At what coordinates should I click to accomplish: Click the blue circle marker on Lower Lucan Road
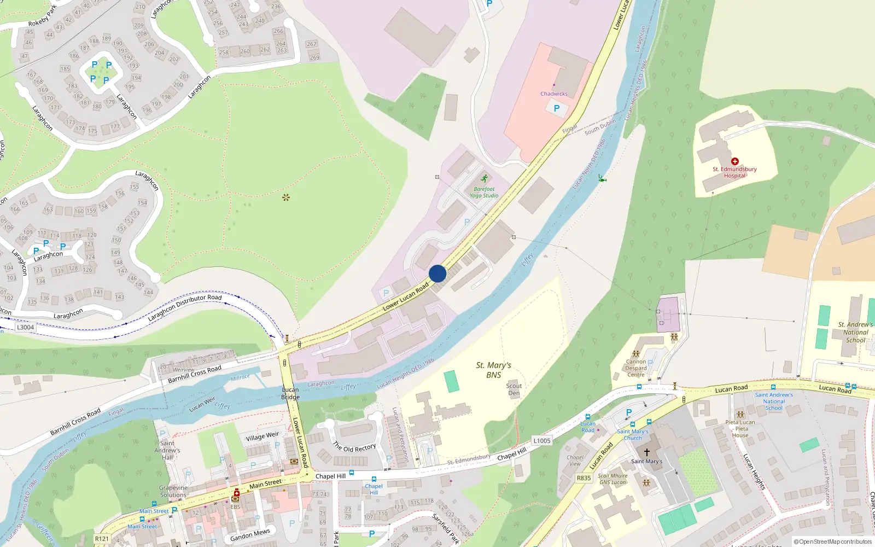[437, 273]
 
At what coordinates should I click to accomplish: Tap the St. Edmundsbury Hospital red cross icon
[735, 161]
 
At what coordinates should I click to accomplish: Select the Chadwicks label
[553, 94]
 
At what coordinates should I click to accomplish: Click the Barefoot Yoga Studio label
[484, 192]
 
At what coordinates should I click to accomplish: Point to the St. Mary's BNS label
[493, 370]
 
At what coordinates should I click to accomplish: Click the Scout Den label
[514, 389]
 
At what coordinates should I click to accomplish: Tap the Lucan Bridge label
[290, 393]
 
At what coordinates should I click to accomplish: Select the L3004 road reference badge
[25, 327]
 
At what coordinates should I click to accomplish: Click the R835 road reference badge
[584, 478]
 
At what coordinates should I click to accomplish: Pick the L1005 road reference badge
[541, 440]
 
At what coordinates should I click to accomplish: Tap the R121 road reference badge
[102, 539]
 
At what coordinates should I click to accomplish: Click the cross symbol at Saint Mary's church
[646, 452]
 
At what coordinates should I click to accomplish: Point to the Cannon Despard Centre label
[636, 368]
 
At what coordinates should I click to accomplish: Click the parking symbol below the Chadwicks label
[557, 108]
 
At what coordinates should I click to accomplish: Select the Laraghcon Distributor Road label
[185, 308]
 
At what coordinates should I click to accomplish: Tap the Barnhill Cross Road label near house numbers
[195, 374]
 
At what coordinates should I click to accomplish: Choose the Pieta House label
[740, 429]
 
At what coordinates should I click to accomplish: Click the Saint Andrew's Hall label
[167, 450]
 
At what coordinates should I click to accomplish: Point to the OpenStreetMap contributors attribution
[833, 542]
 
